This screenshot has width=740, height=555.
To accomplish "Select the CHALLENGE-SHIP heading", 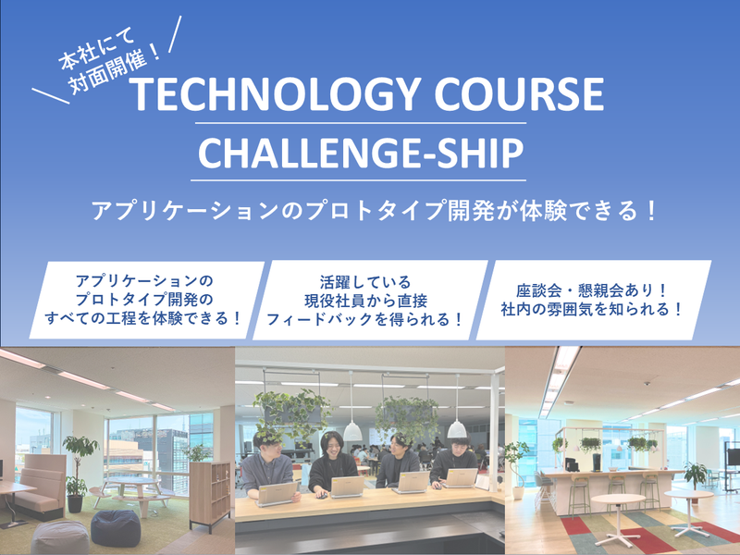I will pyautogui.click(x=359, y=154).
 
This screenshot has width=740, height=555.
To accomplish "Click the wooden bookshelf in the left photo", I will pyautogui.click(x=208, y=490).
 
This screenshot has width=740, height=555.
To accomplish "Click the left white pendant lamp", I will pyautogui.click(x=352, y=430).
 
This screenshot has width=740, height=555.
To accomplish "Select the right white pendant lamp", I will pyautogui.click(x=457, y=428).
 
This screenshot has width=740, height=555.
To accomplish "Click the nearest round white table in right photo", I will pyautogui.click(x=618, y=504).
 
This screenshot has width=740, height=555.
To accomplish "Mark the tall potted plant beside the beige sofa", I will pyautogui.click(x=81, y=462).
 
